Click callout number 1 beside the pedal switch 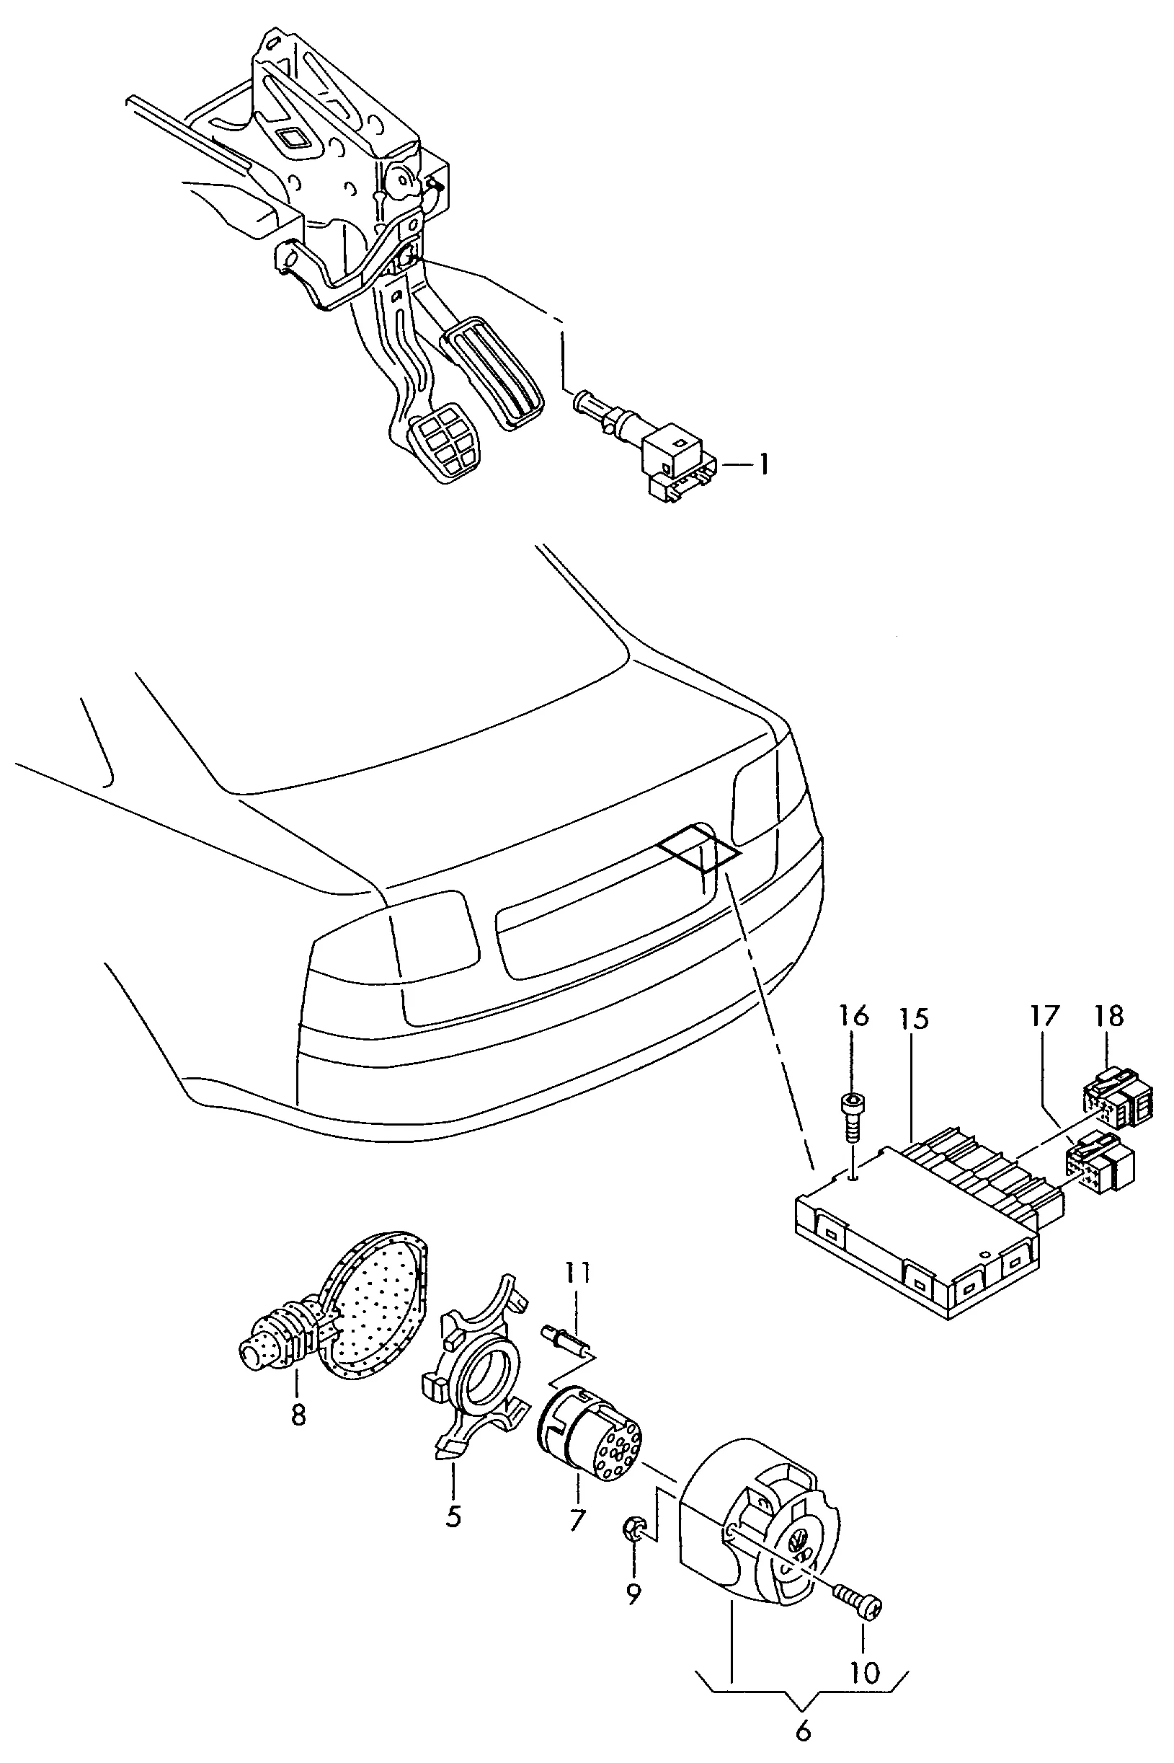pos(763,465)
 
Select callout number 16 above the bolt pos(853,1015)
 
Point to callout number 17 pos(1045,1015)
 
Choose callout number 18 pos(1109,1015)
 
